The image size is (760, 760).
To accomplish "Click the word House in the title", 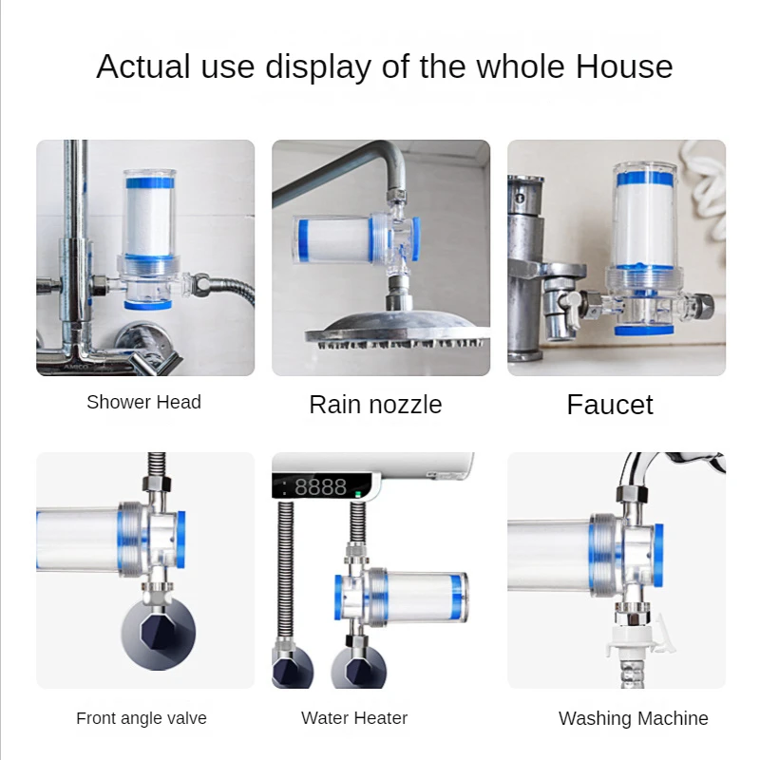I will (624, 67).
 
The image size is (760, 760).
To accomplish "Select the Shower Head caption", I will (143, 402).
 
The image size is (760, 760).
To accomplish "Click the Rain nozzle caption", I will (375, 405).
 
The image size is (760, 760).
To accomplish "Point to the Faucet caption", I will (610, 405).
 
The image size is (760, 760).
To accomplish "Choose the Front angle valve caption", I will (142, 718).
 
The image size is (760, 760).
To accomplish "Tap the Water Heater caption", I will (354, 718).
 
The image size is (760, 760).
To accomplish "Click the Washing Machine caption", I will (633, 718).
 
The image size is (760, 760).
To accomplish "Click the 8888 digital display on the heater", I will (320, 486).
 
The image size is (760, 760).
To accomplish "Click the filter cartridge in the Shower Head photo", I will (149, 218).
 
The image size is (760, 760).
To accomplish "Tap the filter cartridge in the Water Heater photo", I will (419, 597).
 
